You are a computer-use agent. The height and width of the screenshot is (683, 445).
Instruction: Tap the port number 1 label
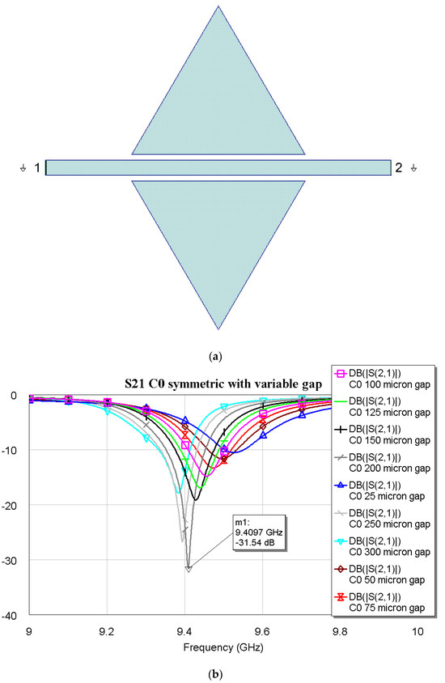[x=37, y=168]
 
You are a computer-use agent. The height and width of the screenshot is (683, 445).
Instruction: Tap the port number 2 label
[x=397, y=168]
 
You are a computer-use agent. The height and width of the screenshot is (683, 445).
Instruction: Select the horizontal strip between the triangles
[x=218, y=167]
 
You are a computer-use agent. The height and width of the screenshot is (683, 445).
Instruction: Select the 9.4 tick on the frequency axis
[x=184, y=630]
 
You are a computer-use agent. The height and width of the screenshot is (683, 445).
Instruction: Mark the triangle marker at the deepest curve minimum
[x=189, y=569]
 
